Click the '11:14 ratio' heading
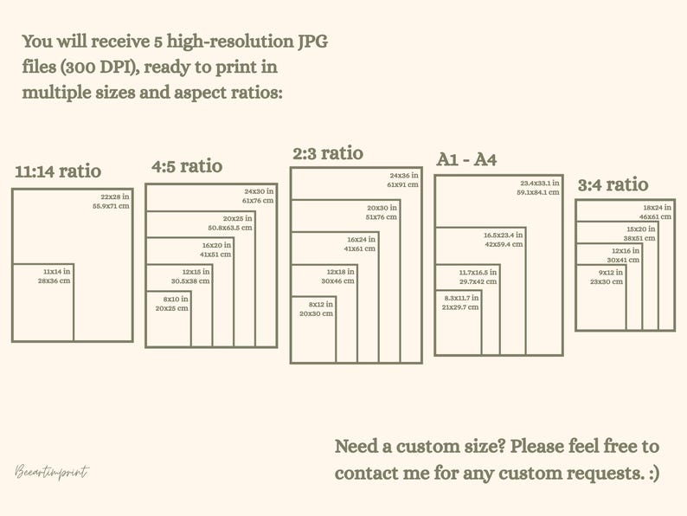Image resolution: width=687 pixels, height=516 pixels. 58,171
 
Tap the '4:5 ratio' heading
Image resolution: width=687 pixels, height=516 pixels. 187,166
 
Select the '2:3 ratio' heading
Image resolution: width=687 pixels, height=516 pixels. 328,153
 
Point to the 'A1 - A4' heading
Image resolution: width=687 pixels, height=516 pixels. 466,159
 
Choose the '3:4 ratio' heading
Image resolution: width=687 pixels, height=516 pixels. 613,184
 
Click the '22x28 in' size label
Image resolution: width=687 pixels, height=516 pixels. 115,197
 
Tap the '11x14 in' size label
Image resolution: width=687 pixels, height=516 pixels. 57,271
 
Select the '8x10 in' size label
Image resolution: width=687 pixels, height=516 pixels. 176,299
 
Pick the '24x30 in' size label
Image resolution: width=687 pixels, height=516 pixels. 259,191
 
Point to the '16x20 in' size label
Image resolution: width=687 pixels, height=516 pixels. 216,245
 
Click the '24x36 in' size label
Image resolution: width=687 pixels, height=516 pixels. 404,176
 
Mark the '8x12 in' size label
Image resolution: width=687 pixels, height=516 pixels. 321,304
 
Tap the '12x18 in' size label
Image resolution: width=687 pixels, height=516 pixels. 340,272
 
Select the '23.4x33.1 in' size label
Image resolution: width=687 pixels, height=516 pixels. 540,183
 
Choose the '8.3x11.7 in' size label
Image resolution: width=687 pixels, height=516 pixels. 461,298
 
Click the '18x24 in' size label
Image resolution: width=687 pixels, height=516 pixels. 658,208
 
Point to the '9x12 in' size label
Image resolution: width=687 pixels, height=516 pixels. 610,272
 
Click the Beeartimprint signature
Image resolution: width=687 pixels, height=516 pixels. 52,472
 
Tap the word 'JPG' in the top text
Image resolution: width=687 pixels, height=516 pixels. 313,42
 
